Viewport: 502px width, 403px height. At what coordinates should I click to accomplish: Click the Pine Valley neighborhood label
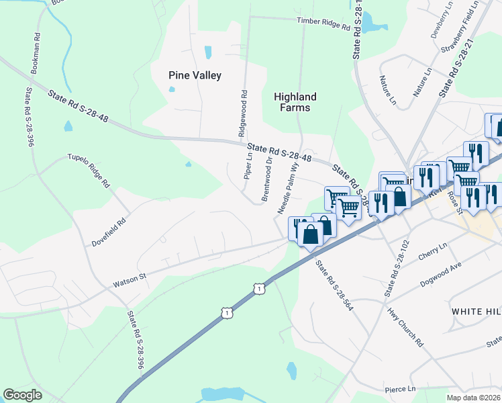[x=195, y=76]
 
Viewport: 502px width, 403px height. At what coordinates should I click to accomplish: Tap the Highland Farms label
[x=295, y=102]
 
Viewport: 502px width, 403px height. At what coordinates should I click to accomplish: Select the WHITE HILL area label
[x=476, y=312]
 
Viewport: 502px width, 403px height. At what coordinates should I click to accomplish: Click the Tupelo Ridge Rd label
[x=88, y=171]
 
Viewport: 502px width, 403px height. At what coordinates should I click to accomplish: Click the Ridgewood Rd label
[x=243, y=114]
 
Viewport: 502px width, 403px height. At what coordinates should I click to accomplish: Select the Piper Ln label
[x=248, y=167]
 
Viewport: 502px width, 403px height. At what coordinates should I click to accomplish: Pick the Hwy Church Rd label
[x=405, y=327]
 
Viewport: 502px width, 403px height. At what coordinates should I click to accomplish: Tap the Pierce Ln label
[x=401, y=389]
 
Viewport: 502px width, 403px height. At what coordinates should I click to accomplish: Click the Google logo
[x=22, y=395]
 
